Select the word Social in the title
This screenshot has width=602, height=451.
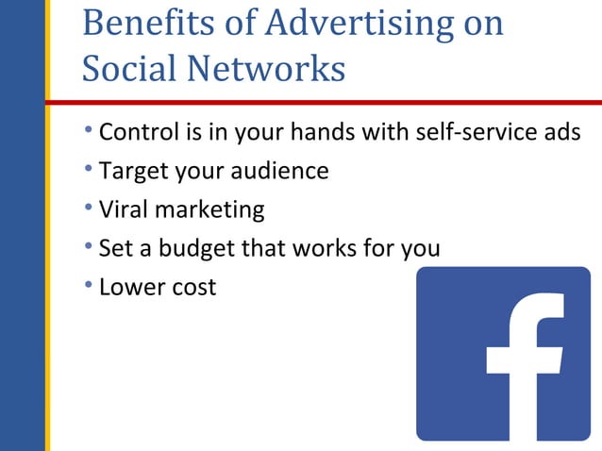128,69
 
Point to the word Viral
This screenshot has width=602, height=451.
124,209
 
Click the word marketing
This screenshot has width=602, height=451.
209,209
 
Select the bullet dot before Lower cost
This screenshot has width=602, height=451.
89,284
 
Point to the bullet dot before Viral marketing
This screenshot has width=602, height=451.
89,207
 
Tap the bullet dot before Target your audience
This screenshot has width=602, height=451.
89,169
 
